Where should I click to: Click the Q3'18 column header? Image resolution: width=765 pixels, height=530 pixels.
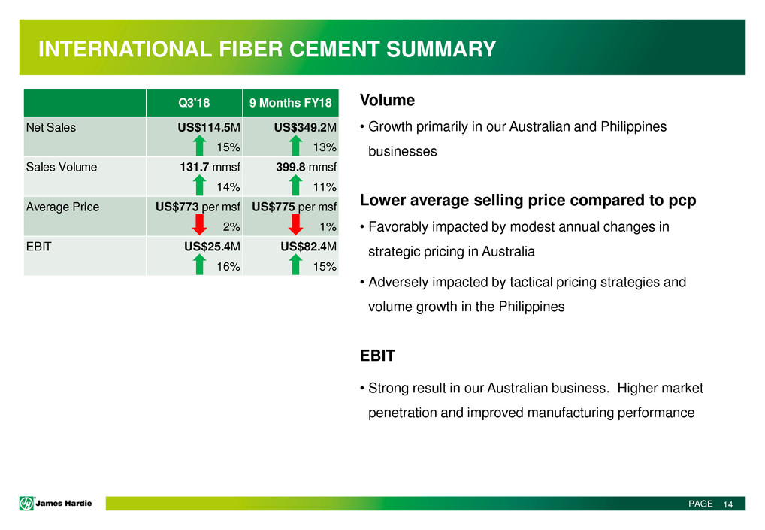[194, 103]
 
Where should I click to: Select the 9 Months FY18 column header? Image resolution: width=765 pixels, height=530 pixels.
[290, 103]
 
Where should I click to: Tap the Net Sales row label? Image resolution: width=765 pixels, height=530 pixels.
[51, 127]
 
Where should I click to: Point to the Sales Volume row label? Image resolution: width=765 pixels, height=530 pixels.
[62, 167]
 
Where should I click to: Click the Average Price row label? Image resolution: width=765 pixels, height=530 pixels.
[62, 207]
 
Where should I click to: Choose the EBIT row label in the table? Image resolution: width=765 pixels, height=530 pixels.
[38, 247]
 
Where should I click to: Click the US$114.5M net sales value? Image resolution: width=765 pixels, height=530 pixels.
[209, 127]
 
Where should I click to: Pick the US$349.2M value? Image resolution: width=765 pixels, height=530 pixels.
[305, 127]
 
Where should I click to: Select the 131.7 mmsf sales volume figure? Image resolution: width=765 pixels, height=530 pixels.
[210, 167]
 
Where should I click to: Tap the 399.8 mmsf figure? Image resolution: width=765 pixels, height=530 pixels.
[306, 167]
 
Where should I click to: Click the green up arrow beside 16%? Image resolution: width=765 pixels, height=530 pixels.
[199, 265]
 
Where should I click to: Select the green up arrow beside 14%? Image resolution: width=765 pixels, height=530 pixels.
[199, 185]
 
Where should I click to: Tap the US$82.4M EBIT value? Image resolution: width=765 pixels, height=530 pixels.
[308, 247]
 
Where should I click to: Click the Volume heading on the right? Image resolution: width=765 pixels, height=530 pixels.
[387, 100]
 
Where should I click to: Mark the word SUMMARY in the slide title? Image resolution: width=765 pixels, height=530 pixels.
[441, 50]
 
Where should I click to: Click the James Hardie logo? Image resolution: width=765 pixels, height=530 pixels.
[56, 503]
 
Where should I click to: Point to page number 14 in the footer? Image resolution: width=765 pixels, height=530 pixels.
[728, 504]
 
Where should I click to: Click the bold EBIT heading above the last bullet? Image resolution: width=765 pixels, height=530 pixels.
[377, 356]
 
